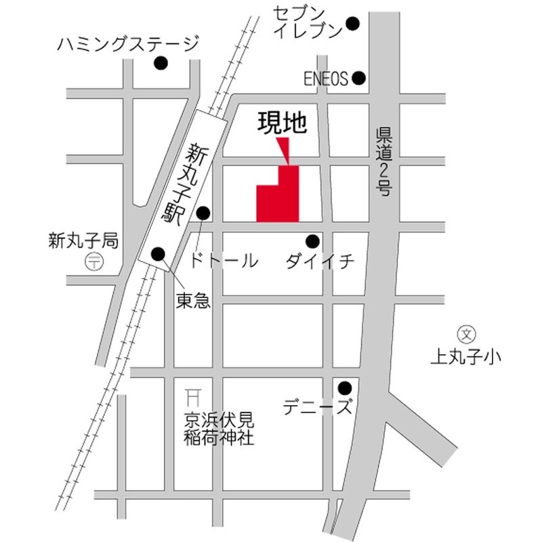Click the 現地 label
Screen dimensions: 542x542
point(283,123)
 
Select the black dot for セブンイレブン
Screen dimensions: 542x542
point(353,24)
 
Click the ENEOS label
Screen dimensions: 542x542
point(326,79)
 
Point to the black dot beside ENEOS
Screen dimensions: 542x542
point(359,79)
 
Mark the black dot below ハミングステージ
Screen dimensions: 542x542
point(161,64)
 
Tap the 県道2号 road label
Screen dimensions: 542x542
point(384,162)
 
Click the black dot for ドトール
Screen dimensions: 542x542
point(203,213)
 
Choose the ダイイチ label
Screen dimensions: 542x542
point(320,262)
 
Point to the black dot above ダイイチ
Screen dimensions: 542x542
point(312,241)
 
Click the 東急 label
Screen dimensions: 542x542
point(194,301)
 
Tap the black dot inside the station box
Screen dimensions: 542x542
point(159,254)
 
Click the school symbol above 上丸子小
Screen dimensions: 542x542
point(467,333)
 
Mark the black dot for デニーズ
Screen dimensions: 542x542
point(345,388)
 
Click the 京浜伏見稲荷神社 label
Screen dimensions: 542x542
point(219,429)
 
